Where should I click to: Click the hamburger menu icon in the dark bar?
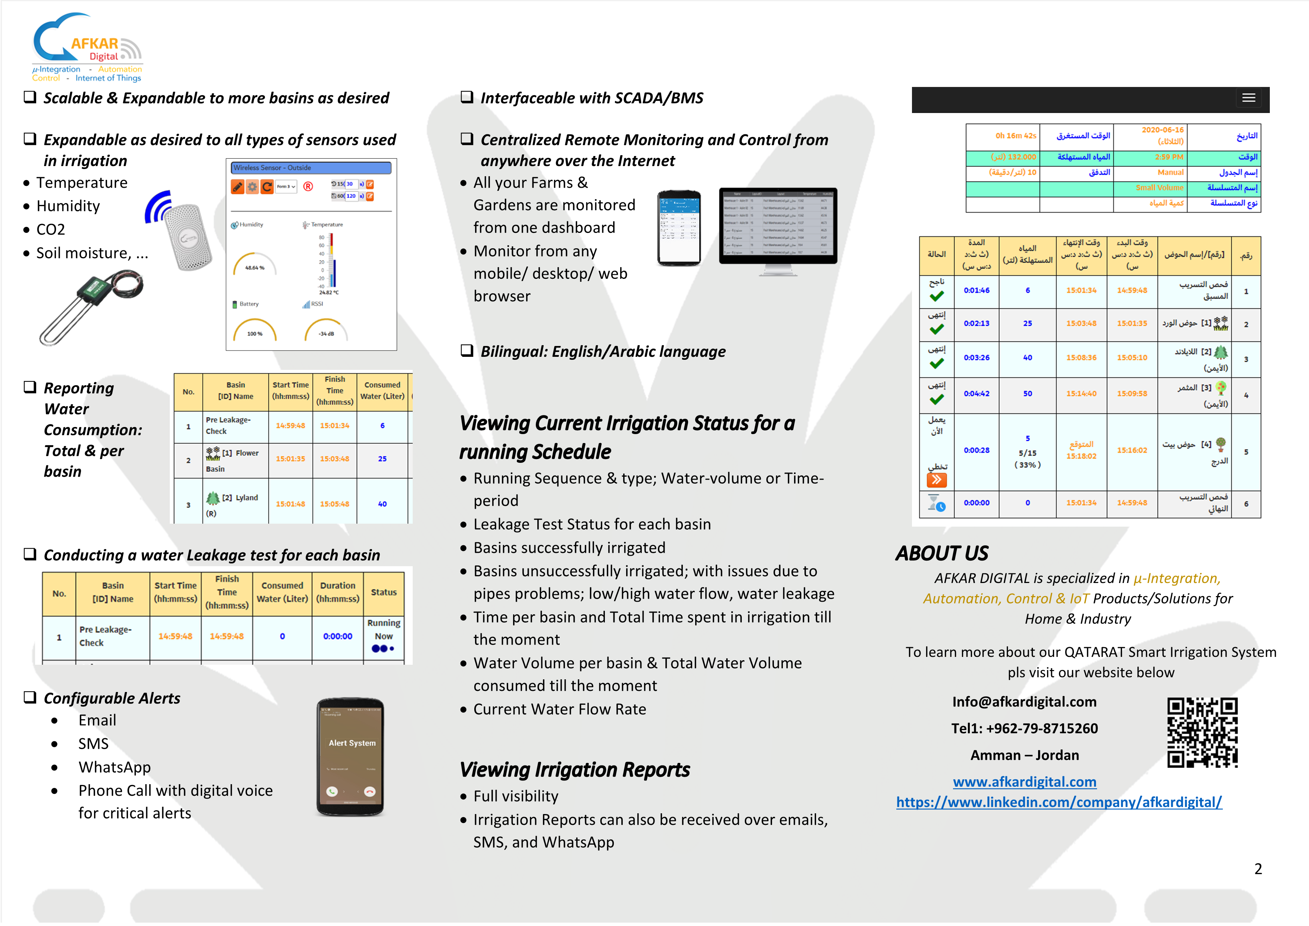coord(1249,98)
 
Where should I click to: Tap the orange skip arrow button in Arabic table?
coord(937,480)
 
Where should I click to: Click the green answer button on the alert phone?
coord(332,791)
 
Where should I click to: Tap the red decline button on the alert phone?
coord(369,791)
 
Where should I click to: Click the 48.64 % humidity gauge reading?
coord(254,267)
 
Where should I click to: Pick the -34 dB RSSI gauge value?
coord(326,334)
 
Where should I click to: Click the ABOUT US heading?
coord(942,554)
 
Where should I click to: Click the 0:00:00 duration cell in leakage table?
coord(338,636)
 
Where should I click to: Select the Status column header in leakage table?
coord(384,592)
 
